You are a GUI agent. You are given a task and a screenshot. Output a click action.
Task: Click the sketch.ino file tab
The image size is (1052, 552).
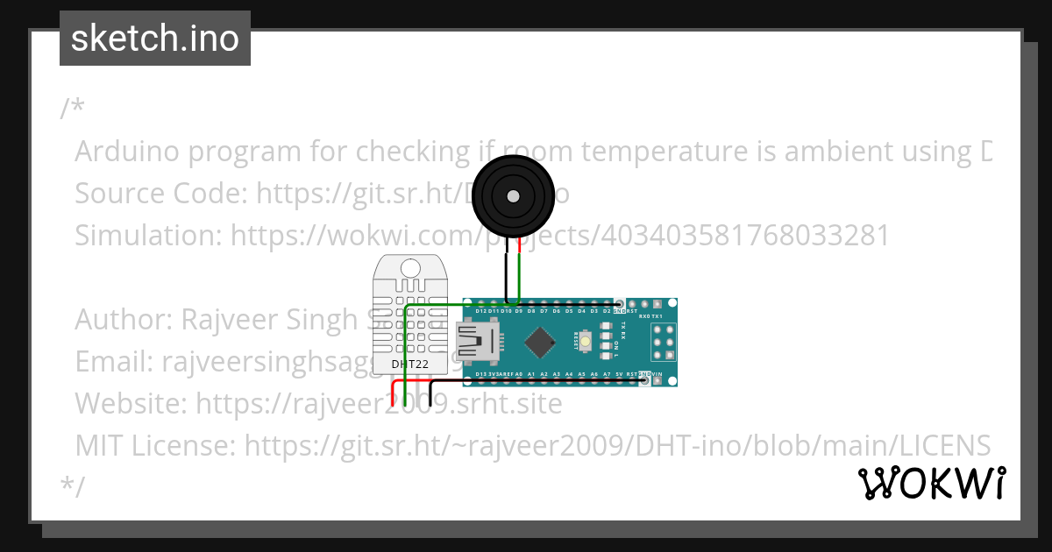point(155,39)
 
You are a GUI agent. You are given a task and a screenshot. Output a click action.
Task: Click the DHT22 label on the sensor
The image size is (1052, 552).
point(409,364)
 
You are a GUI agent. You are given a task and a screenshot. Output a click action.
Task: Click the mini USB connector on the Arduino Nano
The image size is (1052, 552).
point(476,342)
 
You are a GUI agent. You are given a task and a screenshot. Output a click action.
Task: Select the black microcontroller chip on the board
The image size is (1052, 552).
point(544,341)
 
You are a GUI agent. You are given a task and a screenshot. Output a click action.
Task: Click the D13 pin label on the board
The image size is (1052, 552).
point(480,374)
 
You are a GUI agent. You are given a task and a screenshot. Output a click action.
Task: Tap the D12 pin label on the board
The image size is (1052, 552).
point(480,310)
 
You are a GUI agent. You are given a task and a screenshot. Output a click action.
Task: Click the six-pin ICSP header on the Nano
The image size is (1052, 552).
point(664,342)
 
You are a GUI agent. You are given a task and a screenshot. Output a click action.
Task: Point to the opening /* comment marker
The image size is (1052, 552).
point(73,109)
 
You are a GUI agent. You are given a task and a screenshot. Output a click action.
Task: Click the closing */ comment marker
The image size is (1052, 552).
point(73,486)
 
